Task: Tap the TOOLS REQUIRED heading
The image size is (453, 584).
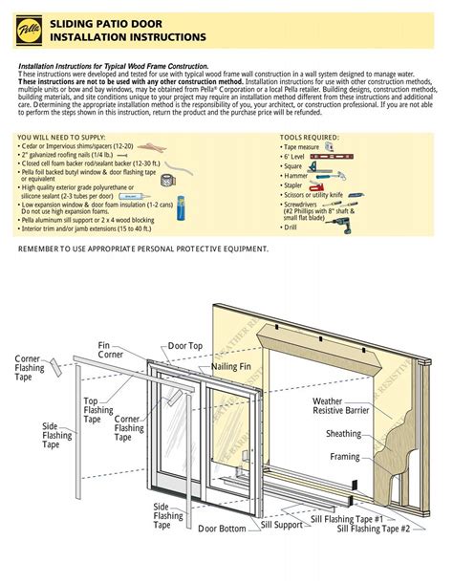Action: [311, 137]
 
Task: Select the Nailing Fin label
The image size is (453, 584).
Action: [231, 367]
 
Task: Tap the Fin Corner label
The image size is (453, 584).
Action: [110, 350]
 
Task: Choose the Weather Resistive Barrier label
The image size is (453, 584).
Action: [341, 405]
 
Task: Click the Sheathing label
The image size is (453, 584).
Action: [344, 434]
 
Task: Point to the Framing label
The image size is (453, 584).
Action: [346, 457]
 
